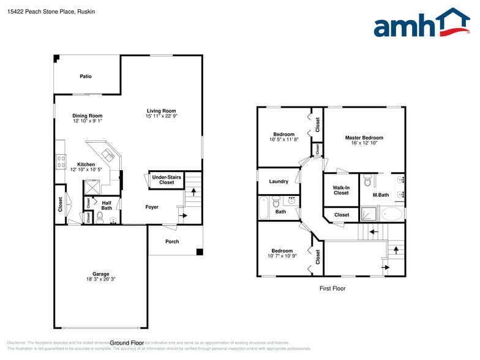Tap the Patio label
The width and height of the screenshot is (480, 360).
pos(86,77)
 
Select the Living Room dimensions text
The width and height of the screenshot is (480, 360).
pos(161,116)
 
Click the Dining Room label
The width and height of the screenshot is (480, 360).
pos(87,116)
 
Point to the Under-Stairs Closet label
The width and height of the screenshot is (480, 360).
pos(167,179)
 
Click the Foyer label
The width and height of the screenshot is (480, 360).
pos(152,207)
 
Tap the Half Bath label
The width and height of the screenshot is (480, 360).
pos(107,205)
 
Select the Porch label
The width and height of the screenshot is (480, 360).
pos(173,241)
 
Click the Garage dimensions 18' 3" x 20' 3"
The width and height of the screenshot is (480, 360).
pos(101,279)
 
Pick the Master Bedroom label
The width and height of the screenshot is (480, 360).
pos(364,138)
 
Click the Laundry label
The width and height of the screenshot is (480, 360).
pos(279,181)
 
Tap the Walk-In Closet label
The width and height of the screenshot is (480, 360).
pos(341,190)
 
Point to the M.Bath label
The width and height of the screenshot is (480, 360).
pos(381,195)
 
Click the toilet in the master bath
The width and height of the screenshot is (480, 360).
pos(367,181)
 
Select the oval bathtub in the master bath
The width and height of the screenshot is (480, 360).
pos(392,214)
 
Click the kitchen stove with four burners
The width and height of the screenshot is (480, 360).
pos(61,162)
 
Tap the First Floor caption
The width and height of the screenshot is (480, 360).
pos(332,288)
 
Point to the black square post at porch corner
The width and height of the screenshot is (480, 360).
pos(199,252)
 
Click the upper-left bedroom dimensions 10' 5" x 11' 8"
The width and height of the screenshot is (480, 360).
pos(283,140)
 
